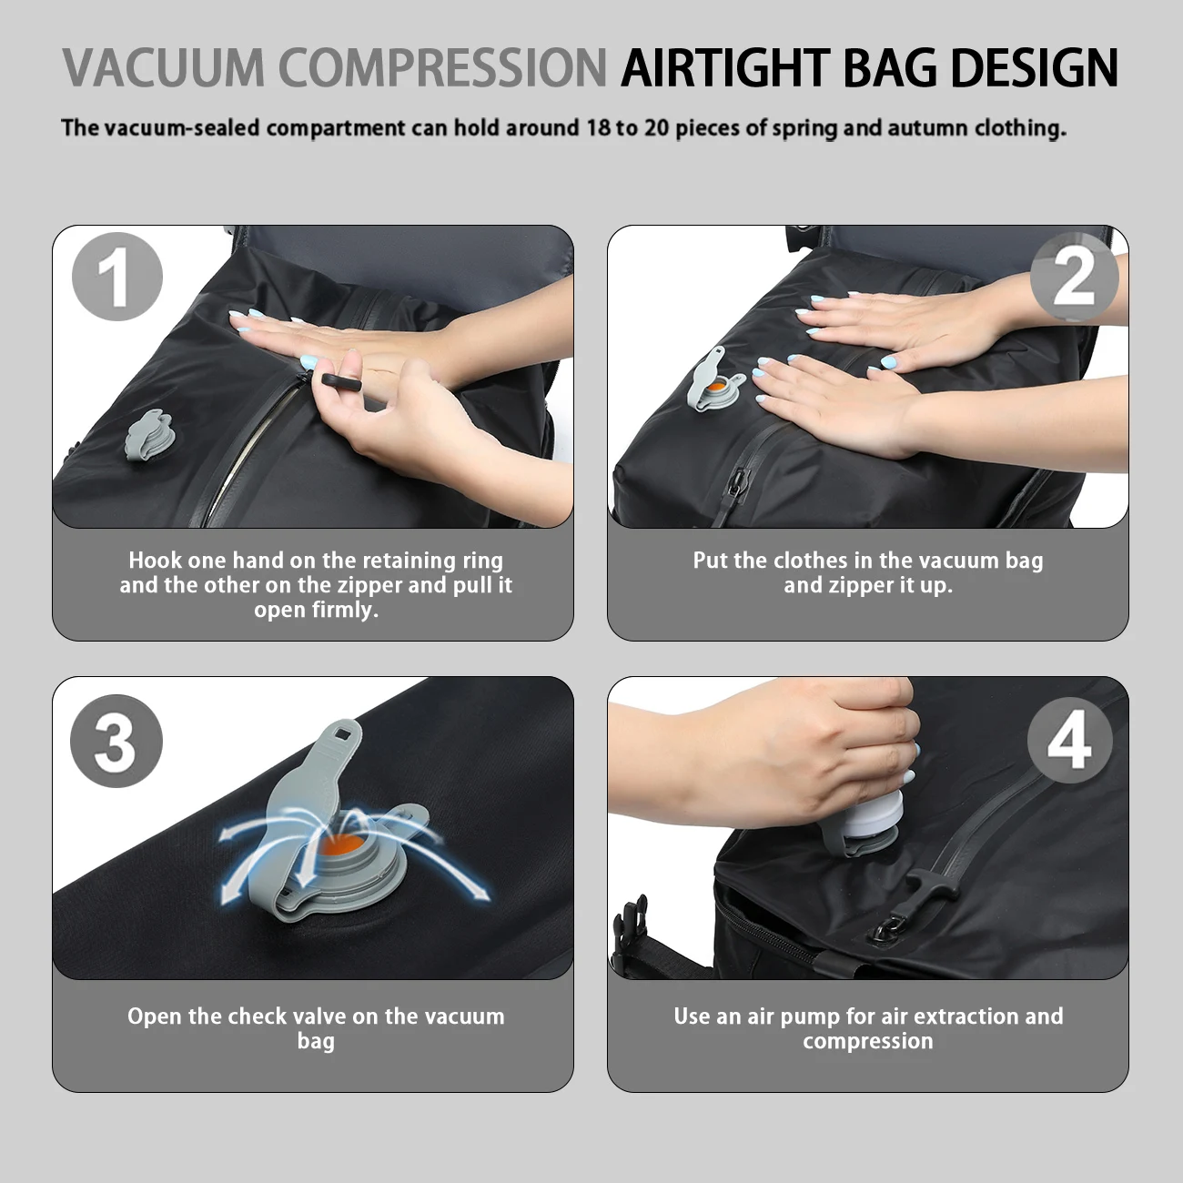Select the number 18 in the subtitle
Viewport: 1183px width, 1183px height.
[x=599, y=127]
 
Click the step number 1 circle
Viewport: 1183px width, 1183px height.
[x=117, y=277]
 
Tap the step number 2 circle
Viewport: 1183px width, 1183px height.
[x=1074, y=277]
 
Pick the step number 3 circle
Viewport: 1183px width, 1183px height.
[x=116, y=741]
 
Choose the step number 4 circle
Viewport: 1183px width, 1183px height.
[x=1070, y=740]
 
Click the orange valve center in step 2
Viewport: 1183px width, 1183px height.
[x=716, y=388]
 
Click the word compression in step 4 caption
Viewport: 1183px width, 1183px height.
[x=867, y=1041]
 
